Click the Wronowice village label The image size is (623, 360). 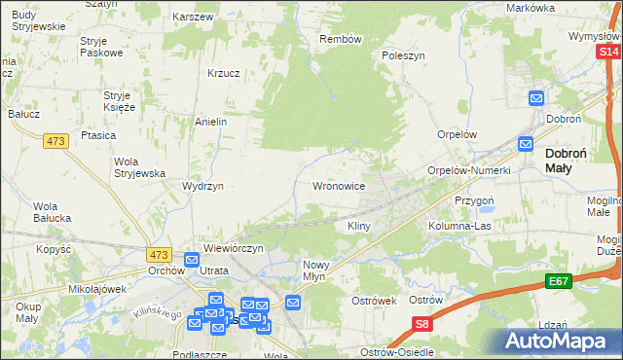[x=338, y=185]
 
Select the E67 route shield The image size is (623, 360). [x=558, y=282]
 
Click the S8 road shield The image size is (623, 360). [x=421, y=324]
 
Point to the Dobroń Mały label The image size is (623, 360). [x=571, y=160]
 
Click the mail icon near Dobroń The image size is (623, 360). [x=536, y=98]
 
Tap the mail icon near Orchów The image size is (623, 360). [x=192, y=261]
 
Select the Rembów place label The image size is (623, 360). [x=341, y=40]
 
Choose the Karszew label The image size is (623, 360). [x=192, y=18]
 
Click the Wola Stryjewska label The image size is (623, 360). [x=138, y=166]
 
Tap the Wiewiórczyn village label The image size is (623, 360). [x=233, y=249]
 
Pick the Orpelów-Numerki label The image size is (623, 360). [x=469, y=170]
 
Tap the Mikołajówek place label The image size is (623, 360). [x=98, y=289]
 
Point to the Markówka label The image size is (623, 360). [x=530, y=8]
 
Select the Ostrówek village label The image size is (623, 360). [x=373, y=301]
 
